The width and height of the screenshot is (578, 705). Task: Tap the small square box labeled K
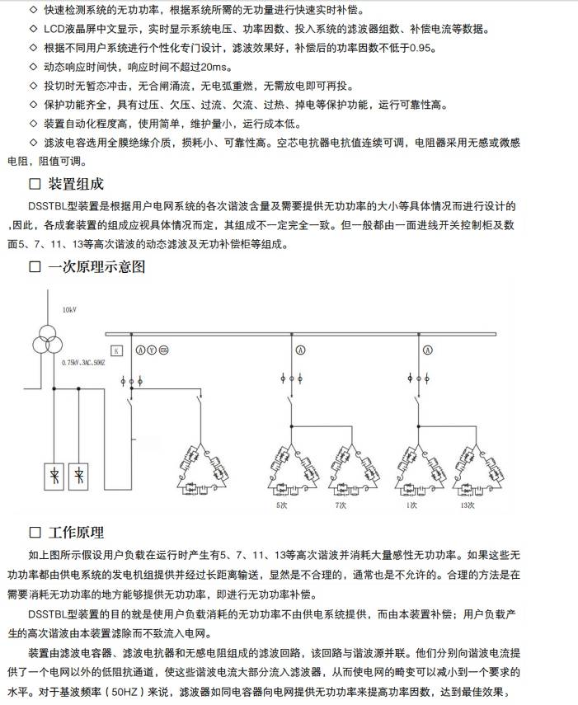click(x=117, y=351)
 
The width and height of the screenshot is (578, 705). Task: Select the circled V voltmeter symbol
click(x=152, y=350)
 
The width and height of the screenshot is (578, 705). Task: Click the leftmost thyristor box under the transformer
click(x=53, y=477)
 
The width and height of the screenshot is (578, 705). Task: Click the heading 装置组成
click(x=75, y=183)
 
